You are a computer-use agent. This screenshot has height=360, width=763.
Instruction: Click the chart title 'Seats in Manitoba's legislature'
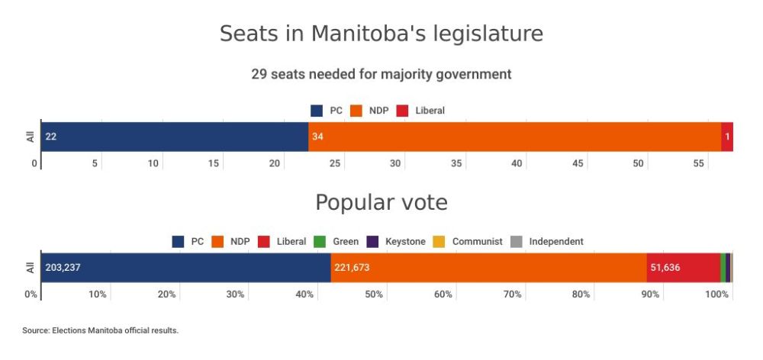pos(381,34)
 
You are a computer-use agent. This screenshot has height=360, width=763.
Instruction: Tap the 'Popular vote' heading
pos(381,203)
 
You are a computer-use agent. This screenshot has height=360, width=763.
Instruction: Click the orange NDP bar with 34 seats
pos(514,137)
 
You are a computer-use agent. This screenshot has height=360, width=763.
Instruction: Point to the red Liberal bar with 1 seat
pos(727,137)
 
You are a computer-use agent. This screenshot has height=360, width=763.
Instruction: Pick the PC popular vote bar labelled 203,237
pos(185,268)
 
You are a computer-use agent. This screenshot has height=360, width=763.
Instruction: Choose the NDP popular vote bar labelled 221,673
pos(488,268)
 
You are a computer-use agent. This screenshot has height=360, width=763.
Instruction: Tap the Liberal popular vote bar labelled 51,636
pos(683,268)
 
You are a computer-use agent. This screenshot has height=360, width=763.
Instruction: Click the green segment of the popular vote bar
pos(723,268)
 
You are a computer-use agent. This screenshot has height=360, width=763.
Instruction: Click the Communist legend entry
pos(468,242)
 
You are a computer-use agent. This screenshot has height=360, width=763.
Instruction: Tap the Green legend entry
pos(336,242)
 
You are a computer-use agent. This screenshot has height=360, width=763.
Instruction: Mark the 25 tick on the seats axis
pos(335,163)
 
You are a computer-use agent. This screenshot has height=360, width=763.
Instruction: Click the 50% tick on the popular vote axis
pos(373,294)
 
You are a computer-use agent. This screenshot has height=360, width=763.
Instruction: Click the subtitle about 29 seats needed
pos(381,75)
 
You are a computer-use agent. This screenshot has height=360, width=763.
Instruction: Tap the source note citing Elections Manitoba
pos(100,330)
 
